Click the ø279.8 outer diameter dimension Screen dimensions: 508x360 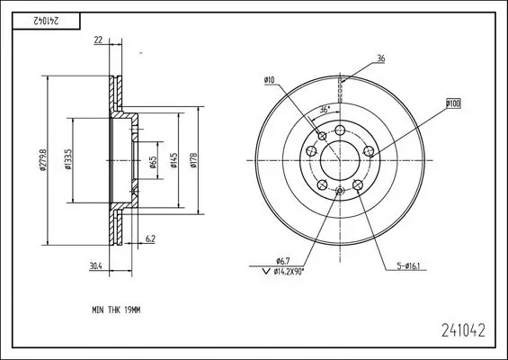point(43,160)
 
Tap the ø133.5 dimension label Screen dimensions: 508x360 point(67,159)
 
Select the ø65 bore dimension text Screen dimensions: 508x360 point(153,162)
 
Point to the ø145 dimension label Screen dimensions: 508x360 point(174,160)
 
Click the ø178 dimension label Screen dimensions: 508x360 point(193,160)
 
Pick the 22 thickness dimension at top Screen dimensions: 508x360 point(98,40)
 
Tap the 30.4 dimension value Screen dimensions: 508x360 point(96,265)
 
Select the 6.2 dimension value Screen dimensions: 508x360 point(150,239)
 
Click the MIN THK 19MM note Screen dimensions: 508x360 point(116,310)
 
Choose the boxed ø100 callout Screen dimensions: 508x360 point(453,103)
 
